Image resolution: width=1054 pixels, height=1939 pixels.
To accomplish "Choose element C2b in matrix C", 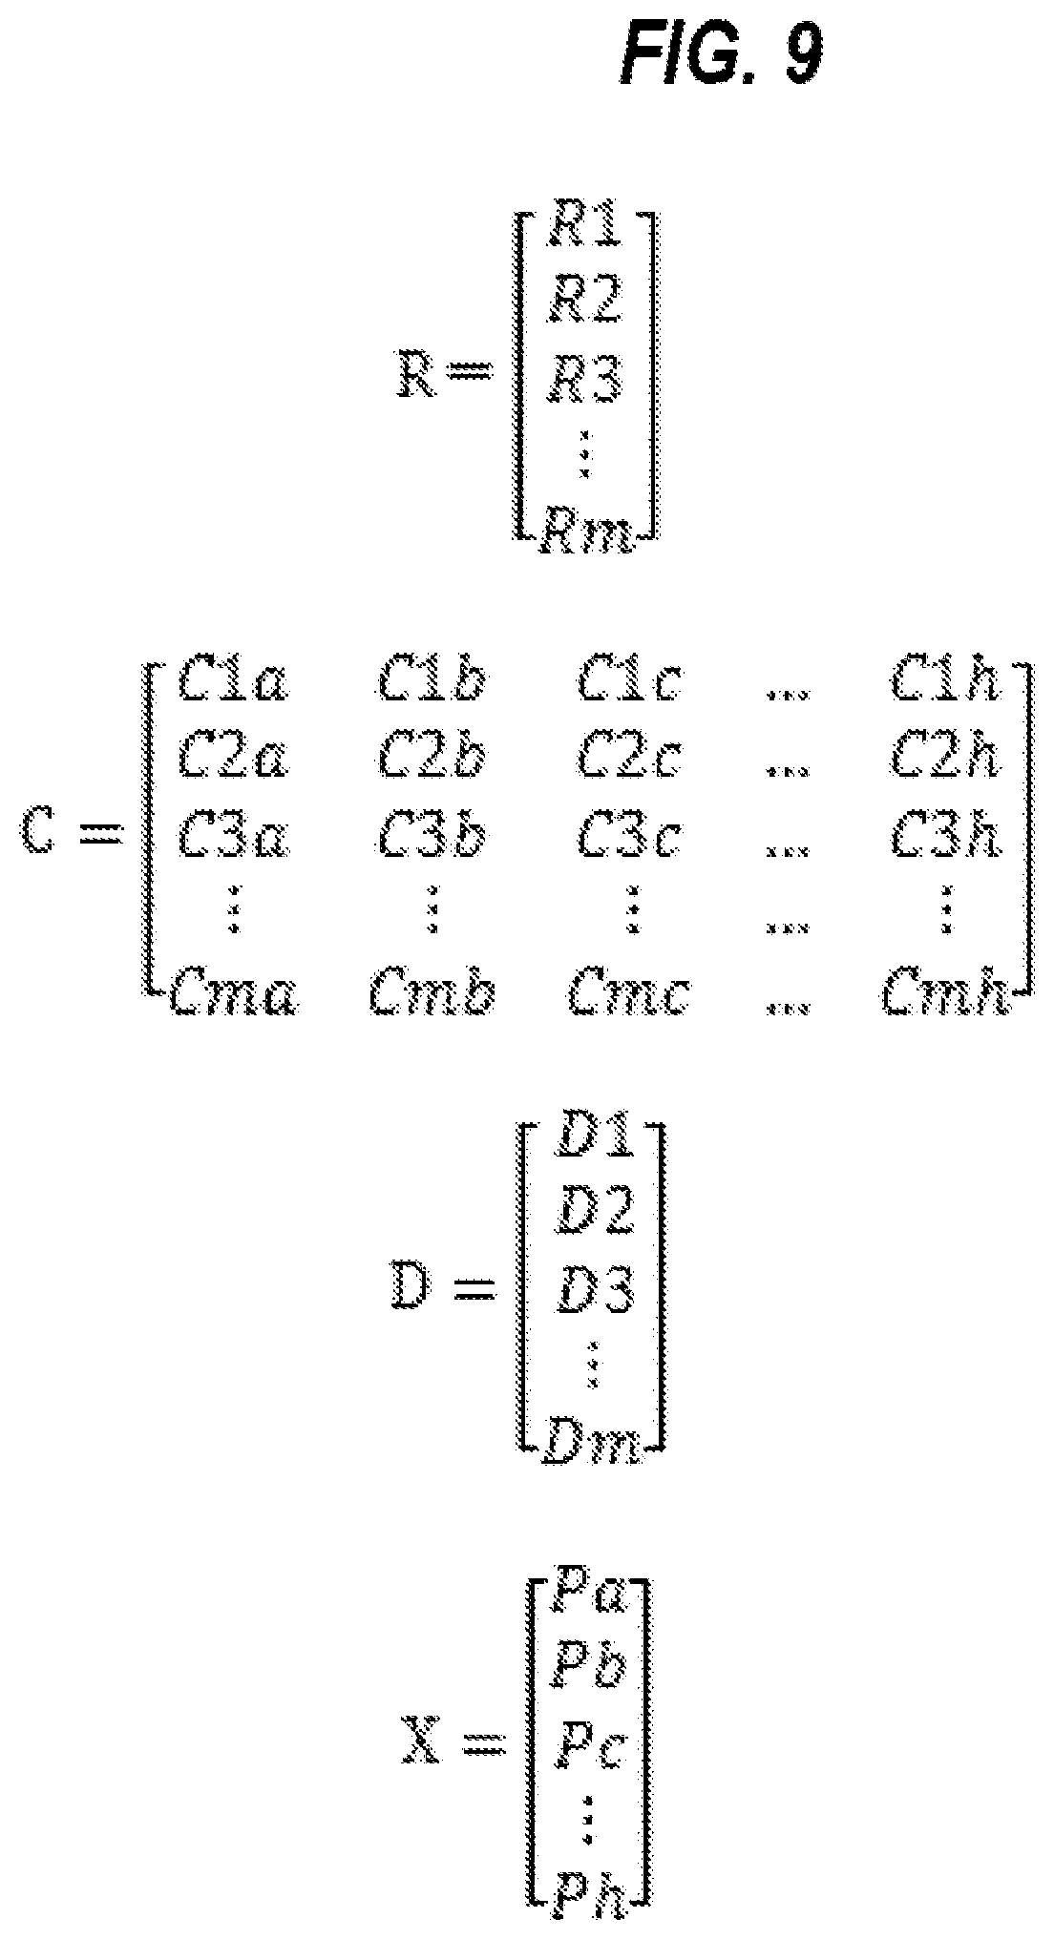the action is tap(432, 758).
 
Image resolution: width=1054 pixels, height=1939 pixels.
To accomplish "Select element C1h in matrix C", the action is tap(944, 682).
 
